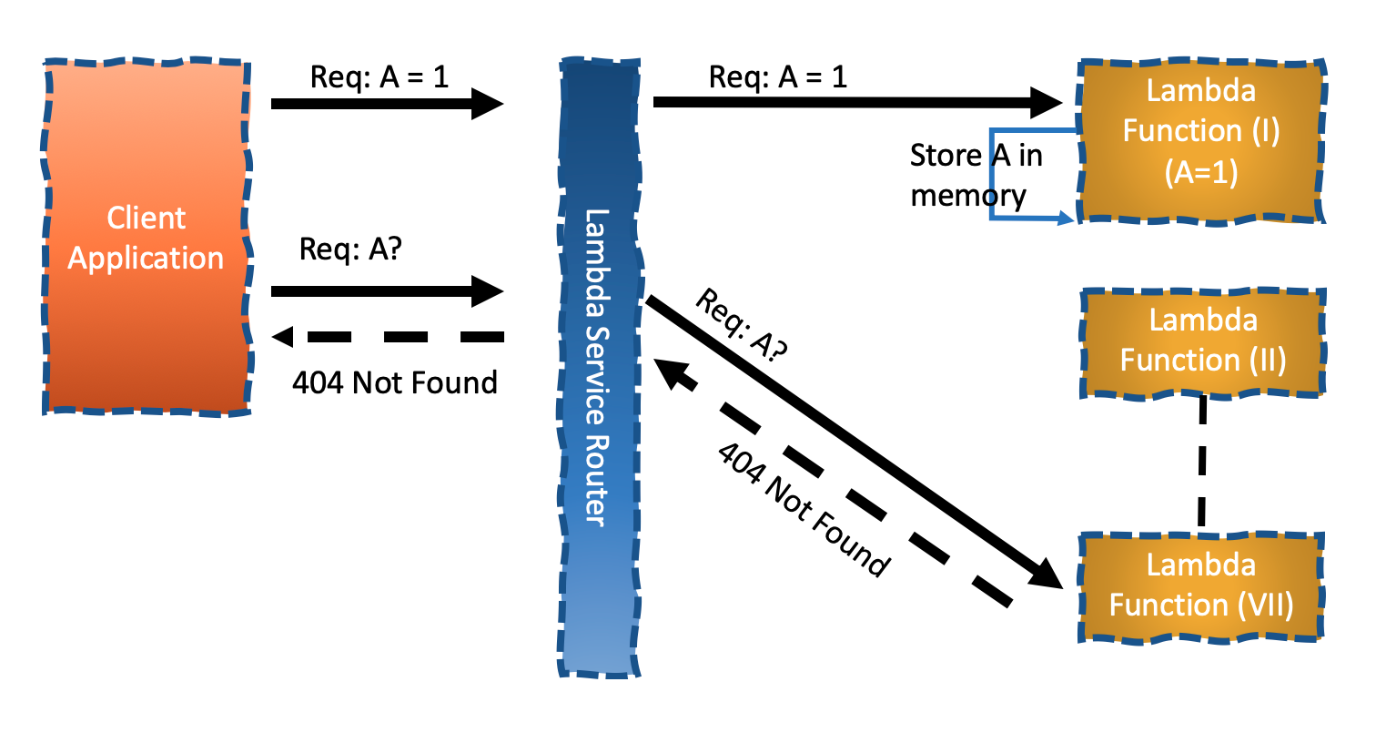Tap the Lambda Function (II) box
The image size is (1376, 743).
pos(1202,341)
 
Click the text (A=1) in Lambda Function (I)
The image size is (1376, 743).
pos(1201,172)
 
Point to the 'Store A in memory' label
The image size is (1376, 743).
pos(974,175)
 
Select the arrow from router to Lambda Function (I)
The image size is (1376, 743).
pos(855,102)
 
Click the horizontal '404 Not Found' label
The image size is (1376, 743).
pos(394,382)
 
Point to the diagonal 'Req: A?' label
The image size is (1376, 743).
pos(741,326)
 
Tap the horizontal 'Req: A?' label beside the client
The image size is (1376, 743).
pos(350,249)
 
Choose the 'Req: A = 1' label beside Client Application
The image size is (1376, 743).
pos(379,76)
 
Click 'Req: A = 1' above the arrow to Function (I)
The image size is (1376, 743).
pos(778,76)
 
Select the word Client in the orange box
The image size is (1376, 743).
pos(146,218)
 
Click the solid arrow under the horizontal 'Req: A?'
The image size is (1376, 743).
pos(386,291)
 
